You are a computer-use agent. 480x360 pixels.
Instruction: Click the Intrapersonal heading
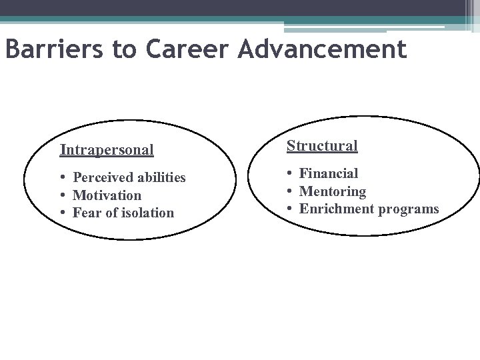[x=107, y=149]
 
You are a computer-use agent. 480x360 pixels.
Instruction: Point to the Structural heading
[x=322, y=145]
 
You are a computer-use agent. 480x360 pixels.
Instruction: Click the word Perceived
[x=103, y=178]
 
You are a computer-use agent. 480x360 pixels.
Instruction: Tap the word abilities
[x=161, y=178]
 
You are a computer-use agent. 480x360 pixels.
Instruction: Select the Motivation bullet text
[x=107, y=195]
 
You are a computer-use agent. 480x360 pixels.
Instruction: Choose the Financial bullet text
[x=329, y=174]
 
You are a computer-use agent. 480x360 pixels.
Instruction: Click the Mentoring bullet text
[x=333, y=192]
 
